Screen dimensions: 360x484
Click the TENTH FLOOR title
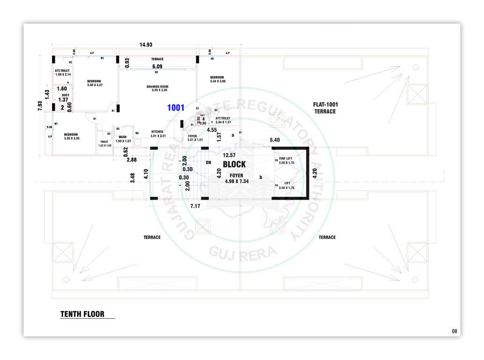point(82,314)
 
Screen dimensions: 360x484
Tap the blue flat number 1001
point(176,108)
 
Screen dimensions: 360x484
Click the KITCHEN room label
point(157,134)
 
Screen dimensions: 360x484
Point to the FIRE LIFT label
point(286,161)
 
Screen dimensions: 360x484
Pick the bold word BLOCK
point(234,165)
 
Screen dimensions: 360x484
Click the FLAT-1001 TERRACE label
point(325,108)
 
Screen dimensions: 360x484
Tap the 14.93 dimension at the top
point(146,45)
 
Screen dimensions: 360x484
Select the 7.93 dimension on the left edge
point(41,106)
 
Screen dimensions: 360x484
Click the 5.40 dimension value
point(275,140)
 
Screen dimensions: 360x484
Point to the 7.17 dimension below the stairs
point(195,206)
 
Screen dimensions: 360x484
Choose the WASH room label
point(122,139)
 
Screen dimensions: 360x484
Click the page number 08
point(454,331)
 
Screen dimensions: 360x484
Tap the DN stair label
point(209,162)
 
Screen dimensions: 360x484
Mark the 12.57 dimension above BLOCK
point(229,155)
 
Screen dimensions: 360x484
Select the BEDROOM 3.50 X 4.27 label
point(94,83)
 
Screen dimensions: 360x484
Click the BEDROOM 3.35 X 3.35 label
point(71,136)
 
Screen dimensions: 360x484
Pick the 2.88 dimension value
point(131,160)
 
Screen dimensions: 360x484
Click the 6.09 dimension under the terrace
point(157,67)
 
